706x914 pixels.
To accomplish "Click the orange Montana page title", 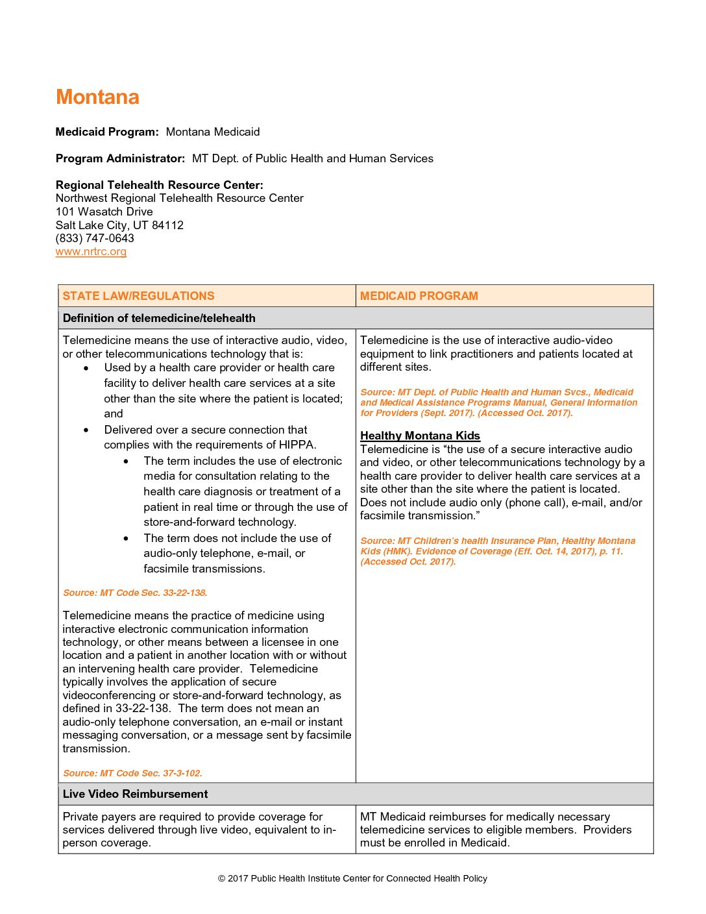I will (97, 97).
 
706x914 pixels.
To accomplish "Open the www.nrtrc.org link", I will (91, 252).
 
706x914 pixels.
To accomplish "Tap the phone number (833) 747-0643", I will (95, 238).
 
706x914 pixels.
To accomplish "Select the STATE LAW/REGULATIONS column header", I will (138, 296).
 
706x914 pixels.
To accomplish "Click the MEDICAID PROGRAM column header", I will (419, 296).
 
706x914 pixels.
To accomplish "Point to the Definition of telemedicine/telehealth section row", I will (159, 318).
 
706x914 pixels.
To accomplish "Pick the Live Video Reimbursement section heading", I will (135, 794).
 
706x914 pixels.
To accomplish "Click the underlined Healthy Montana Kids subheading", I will (420, 436).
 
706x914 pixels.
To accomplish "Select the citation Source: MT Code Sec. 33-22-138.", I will (135, 593).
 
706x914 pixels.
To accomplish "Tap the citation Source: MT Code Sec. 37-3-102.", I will (132, 773).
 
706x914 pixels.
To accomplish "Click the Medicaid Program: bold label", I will (107, 132).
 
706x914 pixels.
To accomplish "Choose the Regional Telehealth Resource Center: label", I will (159, 185).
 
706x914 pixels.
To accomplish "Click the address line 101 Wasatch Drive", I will (104, 212).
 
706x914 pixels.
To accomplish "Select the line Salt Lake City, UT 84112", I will (119, 225).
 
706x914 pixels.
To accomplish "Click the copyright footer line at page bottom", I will (352, 878).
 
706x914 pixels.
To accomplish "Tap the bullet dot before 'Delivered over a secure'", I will (86, 430).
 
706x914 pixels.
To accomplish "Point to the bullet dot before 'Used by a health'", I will (86, 368).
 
